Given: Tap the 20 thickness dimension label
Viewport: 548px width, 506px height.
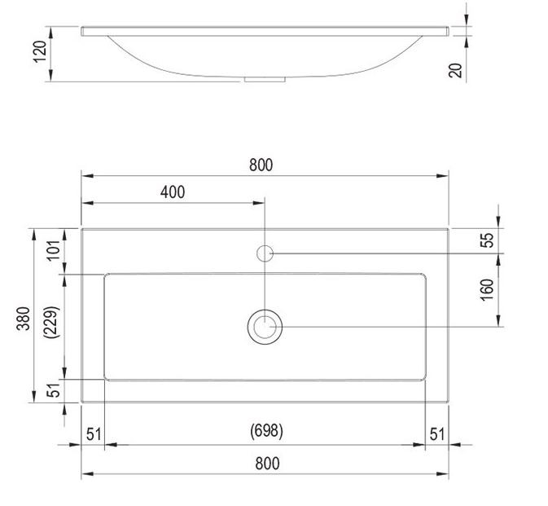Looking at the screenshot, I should coord(456,69).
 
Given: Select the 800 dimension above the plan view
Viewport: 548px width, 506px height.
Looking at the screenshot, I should coord(261,165).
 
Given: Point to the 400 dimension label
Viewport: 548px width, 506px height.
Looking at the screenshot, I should coord(173,192).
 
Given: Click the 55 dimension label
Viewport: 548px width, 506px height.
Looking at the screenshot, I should coord(487,240).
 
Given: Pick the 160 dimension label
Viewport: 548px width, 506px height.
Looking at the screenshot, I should coord(487,290).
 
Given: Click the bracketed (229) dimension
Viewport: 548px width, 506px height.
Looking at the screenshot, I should coord(54,326).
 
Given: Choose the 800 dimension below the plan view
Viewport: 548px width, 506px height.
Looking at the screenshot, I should coord(267,464).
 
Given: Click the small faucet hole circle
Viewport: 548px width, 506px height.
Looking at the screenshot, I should coord(265,253).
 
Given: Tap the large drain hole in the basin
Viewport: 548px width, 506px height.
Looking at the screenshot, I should coord(265,327).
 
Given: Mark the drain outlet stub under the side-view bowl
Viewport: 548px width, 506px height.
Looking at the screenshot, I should coord(265,80).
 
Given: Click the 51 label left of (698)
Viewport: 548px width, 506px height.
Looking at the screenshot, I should coord(93,433).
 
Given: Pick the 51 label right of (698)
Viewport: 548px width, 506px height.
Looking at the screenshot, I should coord(437,433).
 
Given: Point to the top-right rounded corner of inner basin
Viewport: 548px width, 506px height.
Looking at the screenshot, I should coord(422,277).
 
